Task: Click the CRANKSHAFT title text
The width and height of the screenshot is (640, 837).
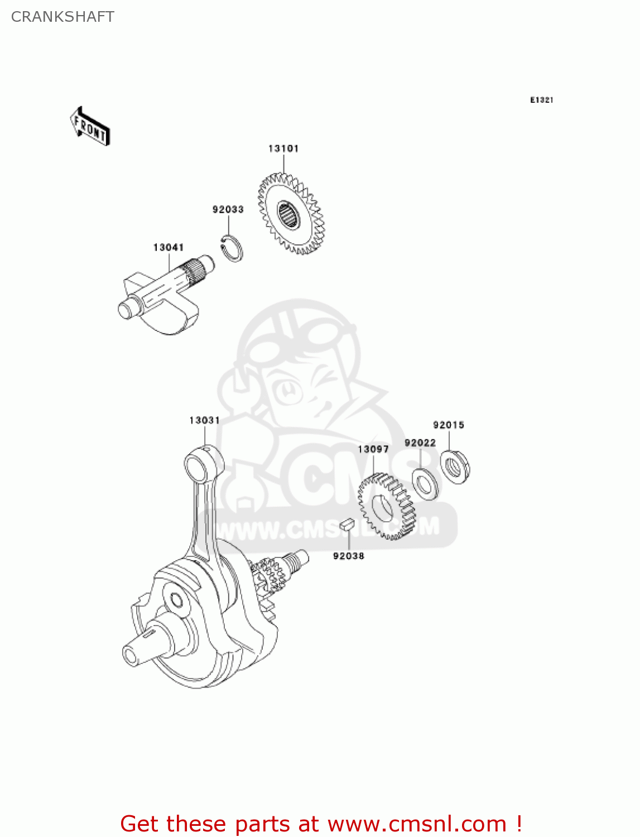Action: [x=62, y=17]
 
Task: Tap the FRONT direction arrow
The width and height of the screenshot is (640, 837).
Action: [x=89, y=127]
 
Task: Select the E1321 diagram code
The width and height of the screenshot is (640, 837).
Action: [x=541, y=100]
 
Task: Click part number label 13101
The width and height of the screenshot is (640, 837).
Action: [x=283, y=148]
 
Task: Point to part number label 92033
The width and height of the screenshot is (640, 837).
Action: [x=228, y=209]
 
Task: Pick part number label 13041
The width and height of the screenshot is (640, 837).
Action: [x=169, y=247]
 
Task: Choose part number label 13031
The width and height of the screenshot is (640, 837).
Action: [x=204, y=420]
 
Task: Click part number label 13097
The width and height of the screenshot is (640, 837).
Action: [x=373, y=449]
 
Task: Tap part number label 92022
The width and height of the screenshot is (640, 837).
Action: [x=420, y=442]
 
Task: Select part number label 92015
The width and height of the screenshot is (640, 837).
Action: [x=449, y=425]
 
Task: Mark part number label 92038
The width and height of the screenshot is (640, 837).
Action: [x=348, y=556]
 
